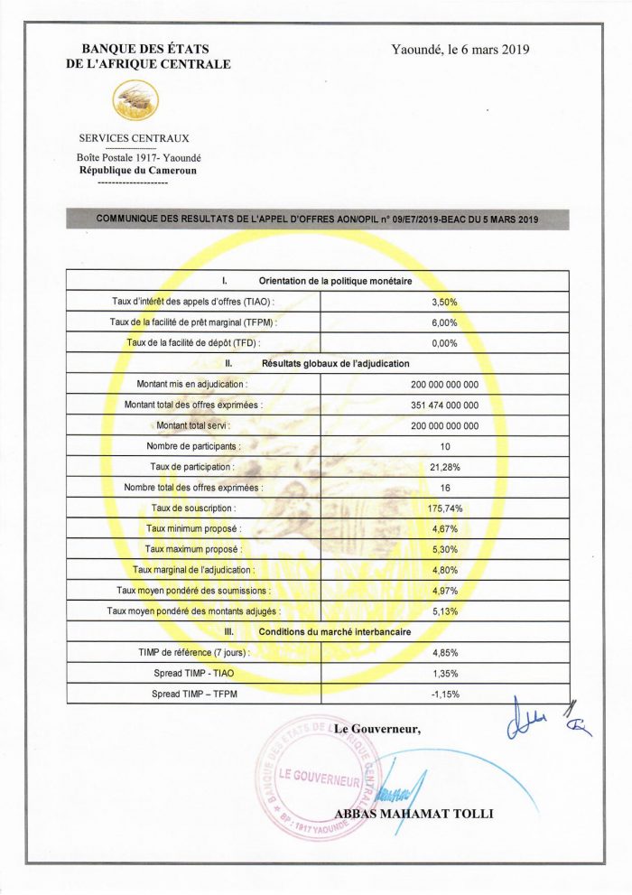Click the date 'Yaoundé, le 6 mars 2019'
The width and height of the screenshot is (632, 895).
pos(460,50)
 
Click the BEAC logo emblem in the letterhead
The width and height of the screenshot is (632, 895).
pos(136,101)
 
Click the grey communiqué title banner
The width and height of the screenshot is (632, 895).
pos(317,219)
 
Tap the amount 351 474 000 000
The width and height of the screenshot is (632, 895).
pos(445,405)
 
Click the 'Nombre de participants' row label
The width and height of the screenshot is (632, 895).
pos(193,446)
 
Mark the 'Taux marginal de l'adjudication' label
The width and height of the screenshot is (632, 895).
pos(193,570)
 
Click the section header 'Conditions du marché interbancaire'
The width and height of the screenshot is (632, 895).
pos(335,631)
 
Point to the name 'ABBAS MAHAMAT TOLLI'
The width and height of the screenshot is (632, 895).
pos(414,814)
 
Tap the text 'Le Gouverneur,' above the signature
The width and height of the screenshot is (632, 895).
pos(377,728)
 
